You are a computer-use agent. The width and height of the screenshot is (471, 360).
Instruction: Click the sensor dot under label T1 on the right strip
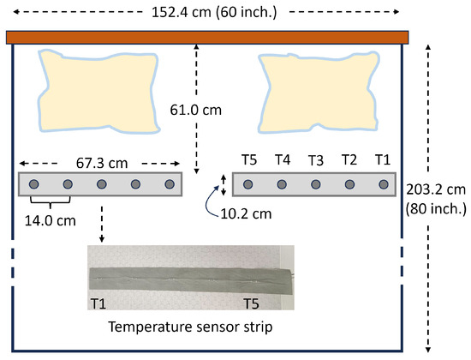click(x=383, y=184)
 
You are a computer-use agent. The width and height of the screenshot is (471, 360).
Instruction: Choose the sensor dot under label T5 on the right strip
click(x=248, y=184)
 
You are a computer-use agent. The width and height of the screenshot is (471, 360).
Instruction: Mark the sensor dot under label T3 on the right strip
click(x=316, y=184)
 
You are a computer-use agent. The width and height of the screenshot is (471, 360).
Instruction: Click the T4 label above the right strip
click(x=283, y=159)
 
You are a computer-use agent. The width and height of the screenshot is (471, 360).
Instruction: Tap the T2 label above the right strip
click(x=349, y=159)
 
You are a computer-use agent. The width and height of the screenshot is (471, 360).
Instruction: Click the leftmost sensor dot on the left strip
click(x=33, y=184)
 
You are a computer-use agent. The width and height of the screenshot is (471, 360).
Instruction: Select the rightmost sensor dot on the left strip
click(x=169, y=184)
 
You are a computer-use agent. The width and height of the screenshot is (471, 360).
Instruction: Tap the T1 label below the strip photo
click(x=99, y=304)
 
